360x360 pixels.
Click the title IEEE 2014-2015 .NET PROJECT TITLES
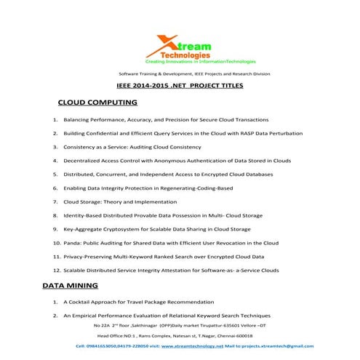point(180,87)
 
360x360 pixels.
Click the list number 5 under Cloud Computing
point(55,175)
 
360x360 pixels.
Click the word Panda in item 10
point(72,244)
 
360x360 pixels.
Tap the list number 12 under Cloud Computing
point(56,271)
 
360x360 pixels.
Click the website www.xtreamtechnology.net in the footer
point(182,347)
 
